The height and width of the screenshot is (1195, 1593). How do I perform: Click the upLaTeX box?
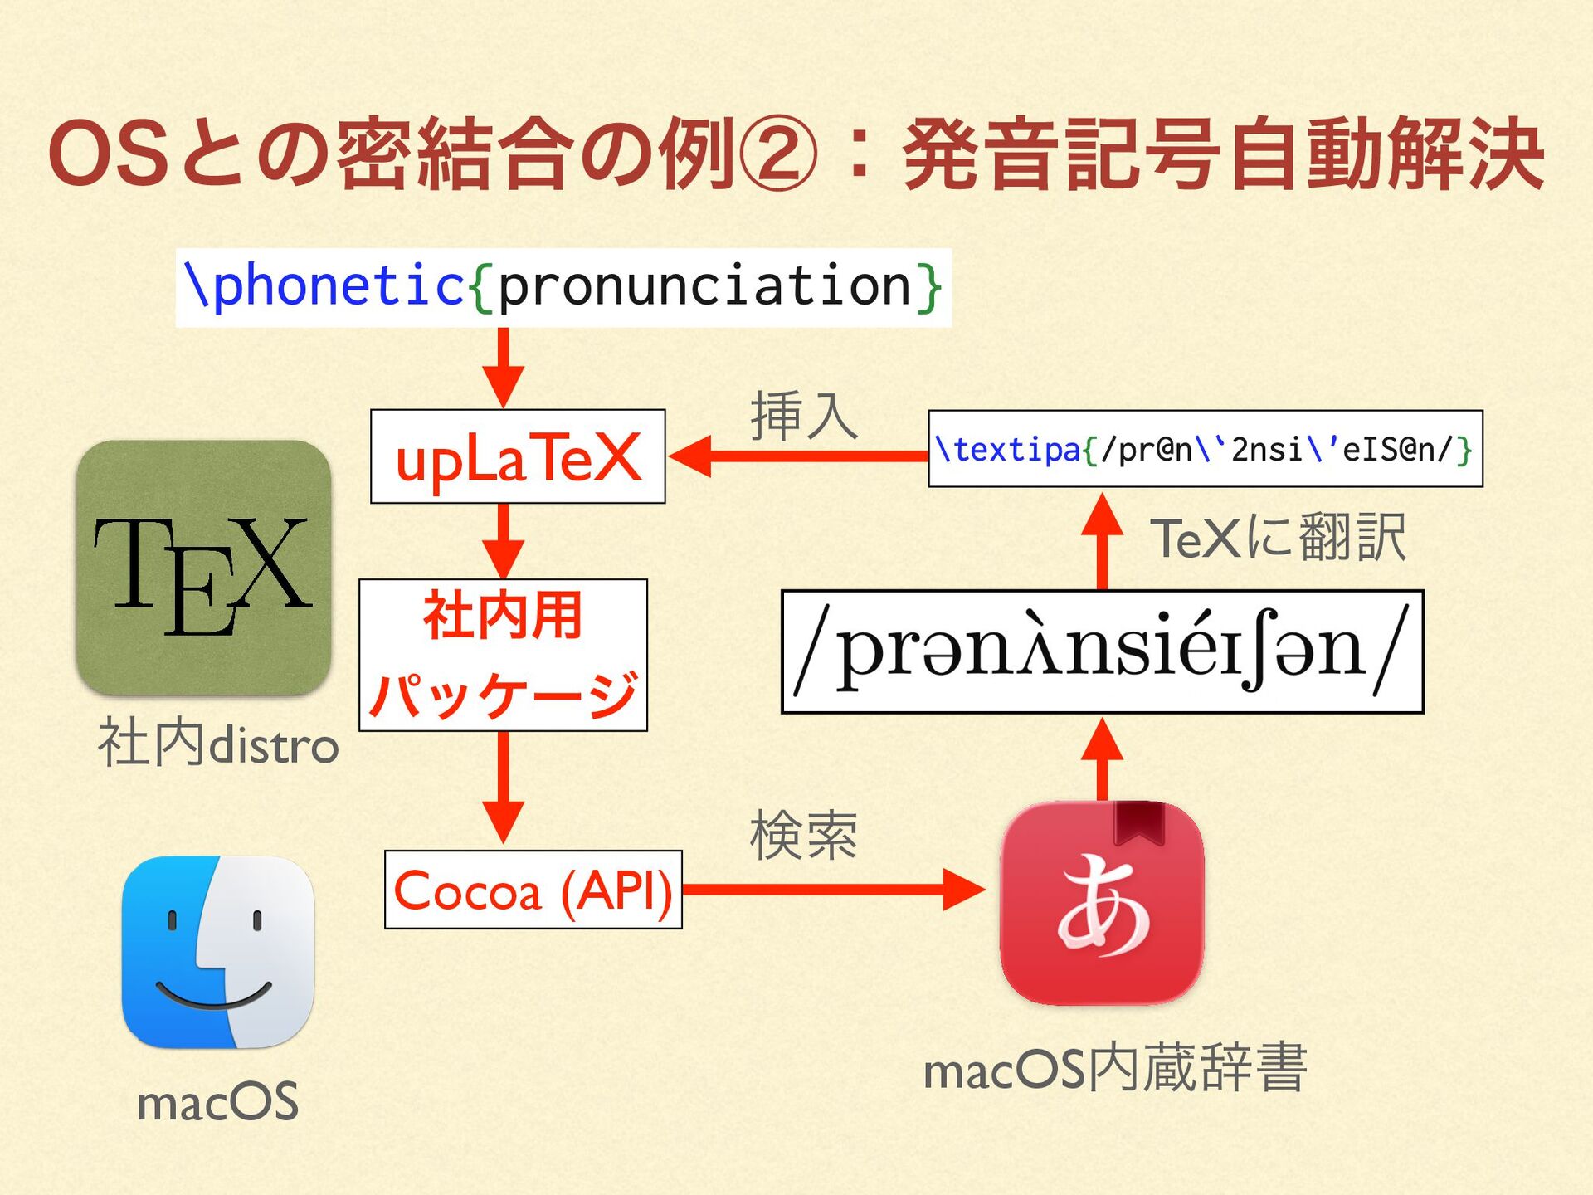(x=518, y=456)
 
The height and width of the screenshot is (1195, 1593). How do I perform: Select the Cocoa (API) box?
(x=533, y=890)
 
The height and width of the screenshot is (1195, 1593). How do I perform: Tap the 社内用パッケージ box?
(x=503, y=655)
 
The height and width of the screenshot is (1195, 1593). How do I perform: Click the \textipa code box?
(x=1205, y=449)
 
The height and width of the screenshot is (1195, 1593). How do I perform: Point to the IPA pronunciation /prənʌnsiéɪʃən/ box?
(x=1102, y=651)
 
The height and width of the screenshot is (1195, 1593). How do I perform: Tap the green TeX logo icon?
(x=204, y=568)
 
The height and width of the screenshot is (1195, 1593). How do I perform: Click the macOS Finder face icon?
(x=217, y=952)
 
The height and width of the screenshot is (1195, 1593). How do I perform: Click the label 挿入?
(x=803, y=417)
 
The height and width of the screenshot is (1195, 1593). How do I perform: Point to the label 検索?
(x=803, y=836)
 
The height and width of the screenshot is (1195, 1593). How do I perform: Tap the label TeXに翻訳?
(x=1278, y=539)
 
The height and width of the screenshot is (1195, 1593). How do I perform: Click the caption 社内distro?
(x=217, y=744)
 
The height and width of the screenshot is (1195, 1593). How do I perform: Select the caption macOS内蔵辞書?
(x=1115, y=1069)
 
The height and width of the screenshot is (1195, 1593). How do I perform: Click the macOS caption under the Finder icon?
(x=217, y=1102)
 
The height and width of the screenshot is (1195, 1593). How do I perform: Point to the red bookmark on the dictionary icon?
(x=1140, y=822)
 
